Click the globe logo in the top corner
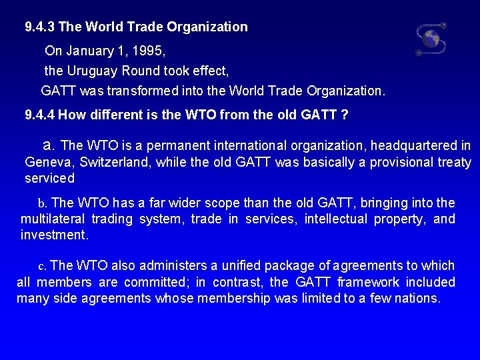[x=431, y=39]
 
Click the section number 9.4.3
[x=40, y=27]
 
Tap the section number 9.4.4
[x=40, y=115]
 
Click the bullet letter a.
[x=47, y=145]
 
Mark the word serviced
[x=49, y=179]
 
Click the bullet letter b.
[x=41, y=203]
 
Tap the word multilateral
[x=53, y=219]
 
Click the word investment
[x=53, y=235]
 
